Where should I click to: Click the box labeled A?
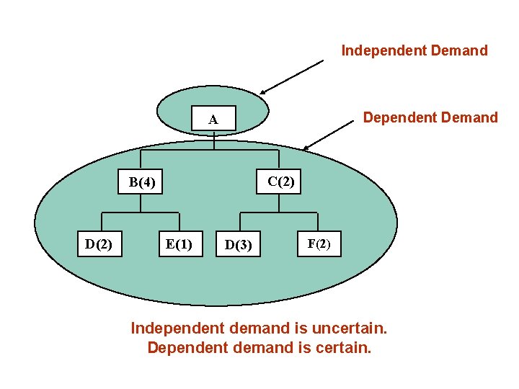[x=213, y=120]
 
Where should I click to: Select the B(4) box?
[x=141, y=182]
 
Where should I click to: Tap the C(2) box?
[x=280, y=182]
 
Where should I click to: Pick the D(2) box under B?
[x=99, y=244]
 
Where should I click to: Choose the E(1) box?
[x=179, y=244]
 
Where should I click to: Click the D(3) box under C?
[x=239, y=246]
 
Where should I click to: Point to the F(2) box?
[x=319, y=243]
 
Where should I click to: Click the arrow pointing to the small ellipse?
[x=292, y=77]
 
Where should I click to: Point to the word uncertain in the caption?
[x=350, y=328]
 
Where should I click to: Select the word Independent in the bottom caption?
[x=174, y=328]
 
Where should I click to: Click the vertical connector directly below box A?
[x=214, y=140]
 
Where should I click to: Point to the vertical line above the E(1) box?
[x=179, y=222]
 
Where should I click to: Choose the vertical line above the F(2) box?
[x=317, y=222]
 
